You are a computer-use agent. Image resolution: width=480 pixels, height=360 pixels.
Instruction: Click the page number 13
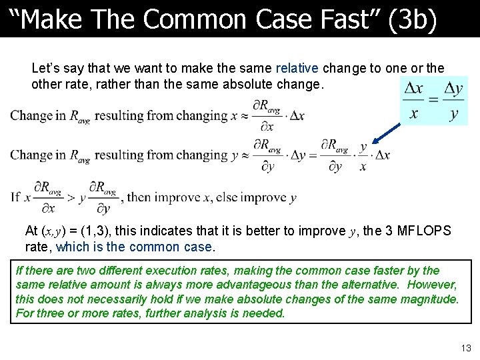[x=465, y=348]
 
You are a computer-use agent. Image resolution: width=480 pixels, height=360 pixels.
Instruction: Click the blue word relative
[x=297, y=68]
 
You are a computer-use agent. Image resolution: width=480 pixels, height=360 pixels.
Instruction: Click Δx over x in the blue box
[x=414, y=101]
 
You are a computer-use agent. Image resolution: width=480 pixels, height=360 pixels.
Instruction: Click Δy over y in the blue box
[x=453, y=101]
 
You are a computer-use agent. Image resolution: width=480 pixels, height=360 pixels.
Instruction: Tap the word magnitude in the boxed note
[x=425, y=299]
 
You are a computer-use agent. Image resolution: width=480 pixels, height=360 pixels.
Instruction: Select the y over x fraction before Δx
[x=363, y=156]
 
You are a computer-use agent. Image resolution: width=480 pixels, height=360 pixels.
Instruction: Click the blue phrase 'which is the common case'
[x=135, y=247]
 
